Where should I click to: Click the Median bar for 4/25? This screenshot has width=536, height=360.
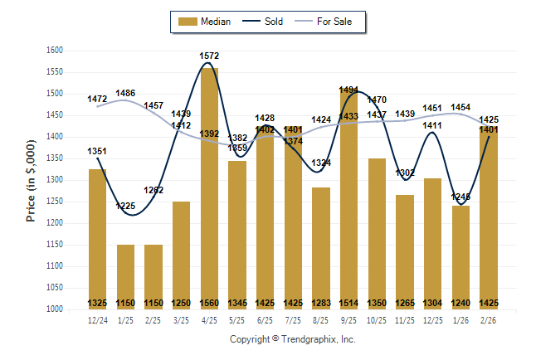click(x=209, y=182)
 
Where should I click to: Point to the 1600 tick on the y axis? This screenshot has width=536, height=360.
click(x=55, y=51)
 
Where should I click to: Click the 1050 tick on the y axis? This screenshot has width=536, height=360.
click(x=55, y=288)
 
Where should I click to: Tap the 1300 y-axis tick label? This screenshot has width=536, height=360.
click(x=55, y=180)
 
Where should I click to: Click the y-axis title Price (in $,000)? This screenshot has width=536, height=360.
click(x=31, y=180)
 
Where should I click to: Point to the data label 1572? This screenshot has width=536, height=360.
click(x=209, y=56)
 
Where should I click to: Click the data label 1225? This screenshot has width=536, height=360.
click(x=125, y=206)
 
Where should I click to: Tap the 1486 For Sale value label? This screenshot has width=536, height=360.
click(x=126, y=93)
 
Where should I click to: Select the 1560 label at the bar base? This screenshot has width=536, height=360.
click(x=209, y=303)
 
